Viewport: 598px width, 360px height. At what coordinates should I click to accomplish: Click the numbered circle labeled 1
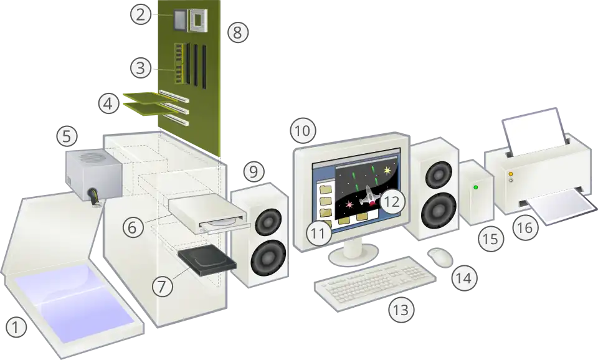tap(16, 327)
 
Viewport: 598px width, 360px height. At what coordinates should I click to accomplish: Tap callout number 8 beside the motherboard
tap(238, 32)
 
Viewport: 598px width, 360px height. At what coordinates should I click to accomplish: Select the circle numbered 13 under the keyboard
tap(401, 310)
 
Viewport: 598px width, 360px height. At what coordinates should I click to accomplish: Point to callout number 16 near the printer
tap(525, 227)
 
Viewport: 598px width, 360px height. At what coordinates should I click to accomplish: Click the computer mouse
tap(440, 257)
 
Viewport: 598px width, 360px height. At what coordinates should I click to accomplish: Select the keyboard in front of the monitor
tap(375, 283)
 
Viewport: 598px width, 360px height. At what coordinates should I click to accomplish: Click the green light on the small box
tap(475, 187)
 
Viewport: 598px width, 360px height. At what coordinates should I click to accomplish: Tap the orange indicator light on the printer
tap(511, 174)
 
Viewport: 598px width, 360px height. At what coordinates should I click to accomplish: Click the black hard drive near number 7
tap(207, 260)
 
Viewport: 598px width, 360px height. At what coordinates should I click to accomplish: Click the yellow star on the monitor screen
tap(387, 171)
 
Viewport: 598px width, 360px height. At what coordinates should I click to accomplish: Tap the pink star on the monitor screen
tap(349, 205)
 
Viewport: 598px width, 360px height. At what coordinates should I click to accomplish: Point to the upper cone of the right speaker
tap(439, 174)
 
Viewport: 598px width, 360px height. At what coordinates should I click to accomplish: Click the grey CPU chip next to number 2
tap(179, 20)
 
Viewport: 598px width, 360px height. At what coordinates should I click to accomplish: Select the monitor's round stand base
tap(353, 255)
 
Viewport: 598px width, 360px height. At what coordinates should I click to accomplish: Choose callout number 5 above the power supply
tap(67, 136)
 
